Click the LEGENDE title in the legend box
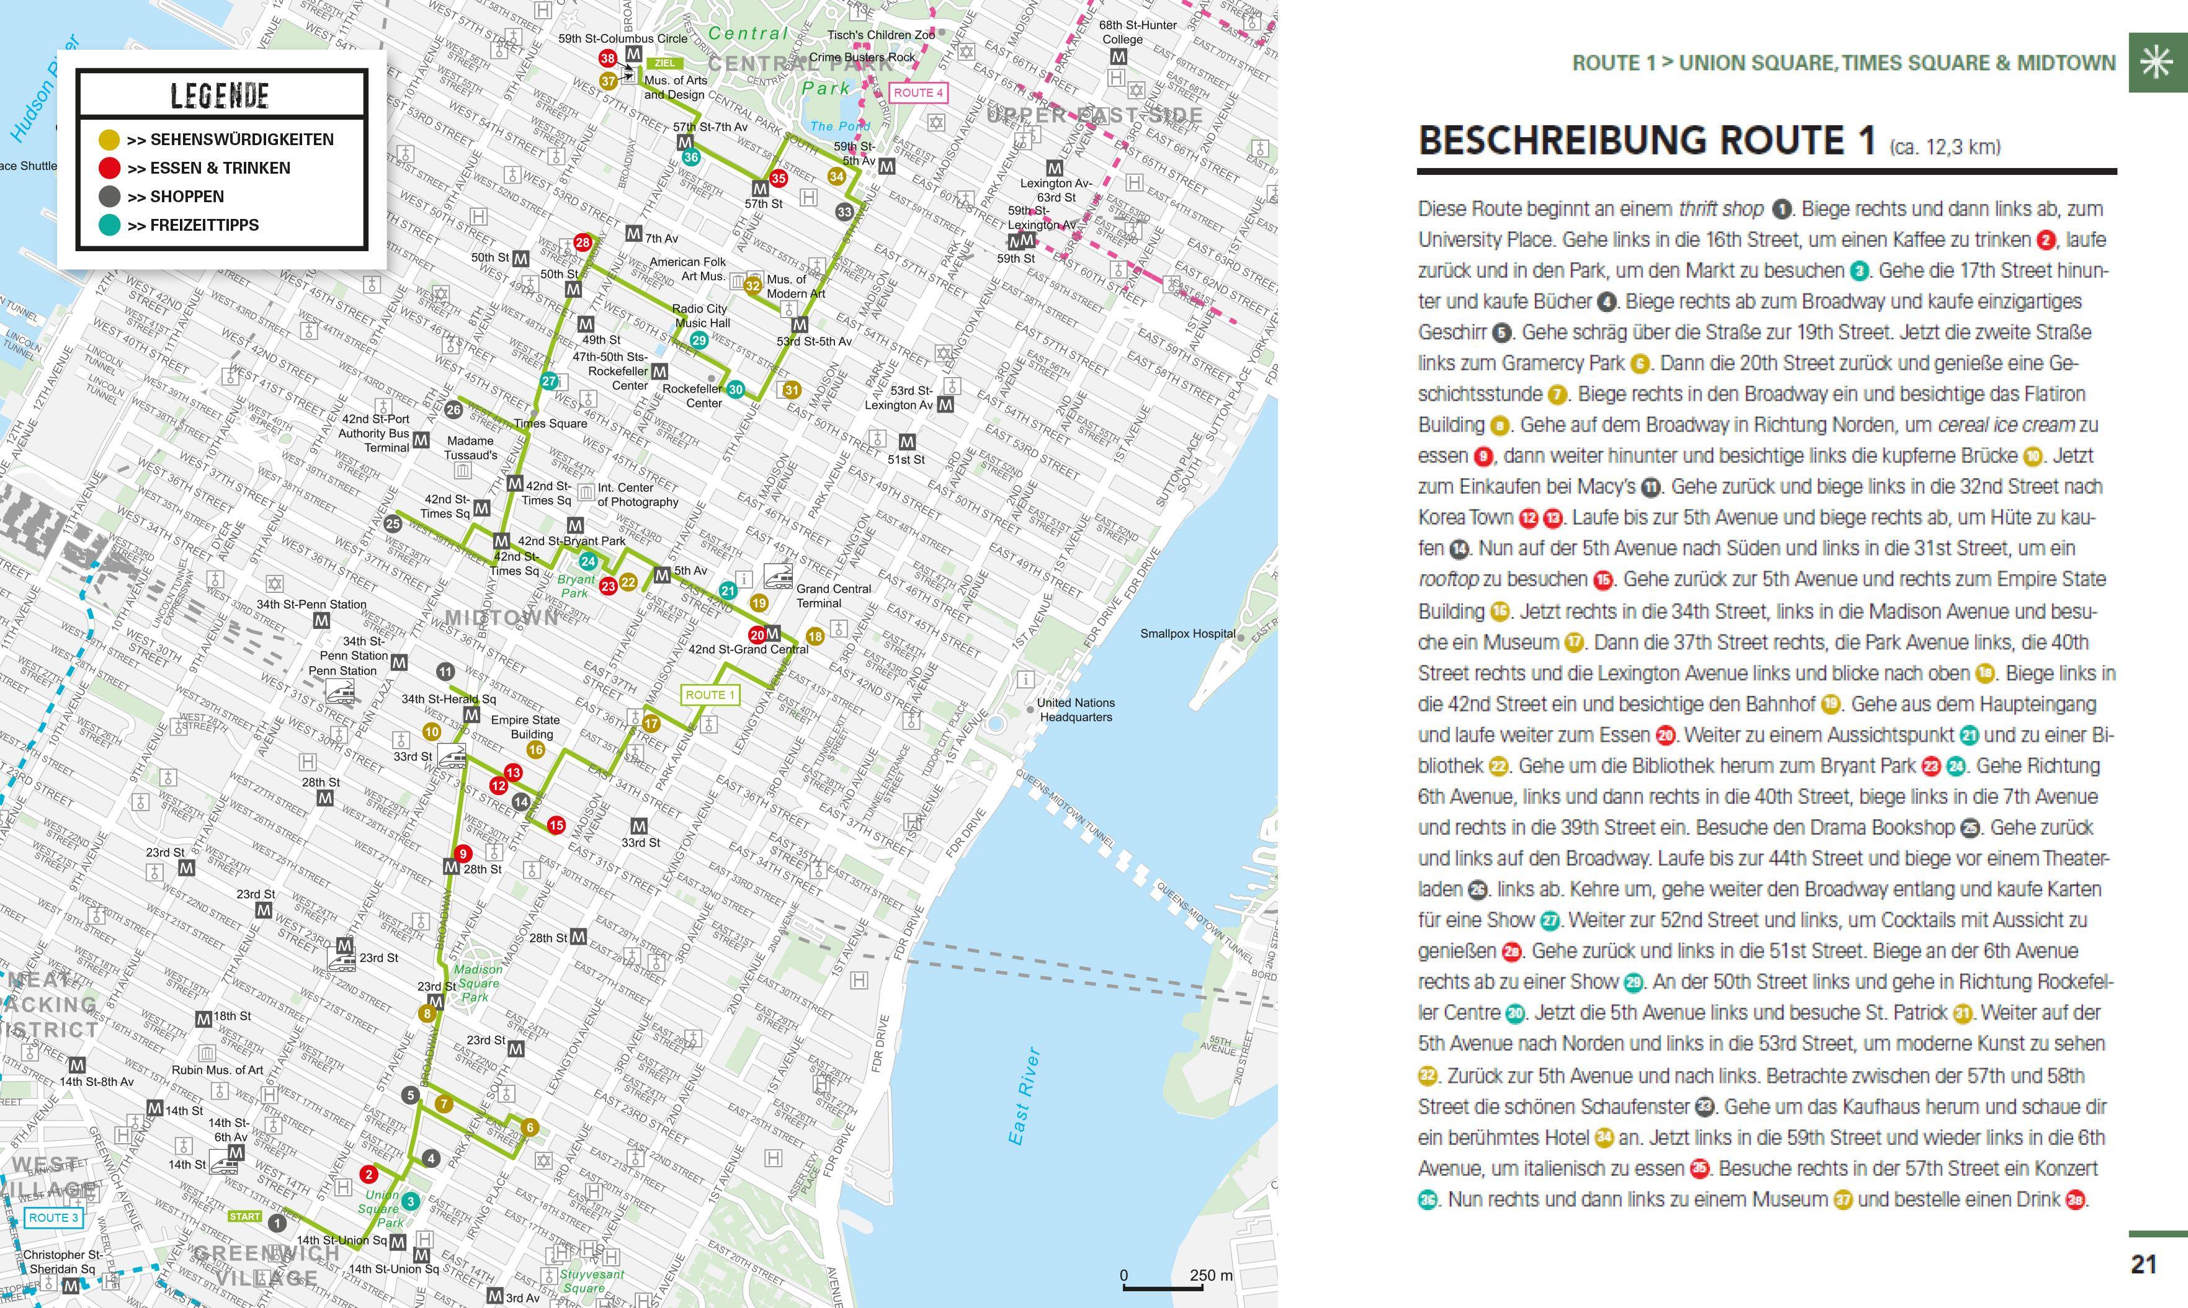pos(220,95)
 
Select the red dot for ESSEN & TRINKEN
pos(109,167)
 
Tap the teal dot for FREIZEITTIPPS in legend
pos(109,225)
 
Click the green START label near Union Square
pos(244,1216)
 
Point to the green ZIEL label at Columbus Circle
pos(664,63)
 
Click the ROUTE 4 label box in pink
pos(918,92)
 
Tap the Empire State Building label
pos(525,727)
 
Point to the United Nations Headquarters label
pos(1076,710)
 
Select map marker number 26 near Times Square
pos(453,409)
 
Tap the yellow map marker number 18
pos(815,636)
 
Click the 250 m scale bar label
pos(1211,1275)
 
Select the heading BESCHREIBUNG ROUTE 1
pos(1646,141)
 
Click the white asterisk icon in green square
pos(2156,63)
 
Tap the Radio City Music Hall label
pos(700,316)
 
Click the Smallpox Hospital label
pos(1187,634)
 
